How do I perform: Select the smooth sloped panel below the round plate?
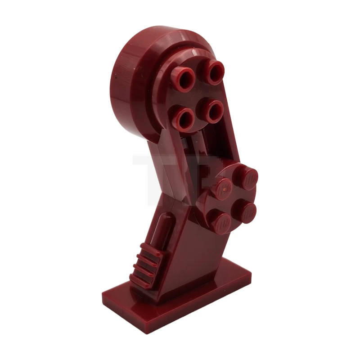coord(198,252)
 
